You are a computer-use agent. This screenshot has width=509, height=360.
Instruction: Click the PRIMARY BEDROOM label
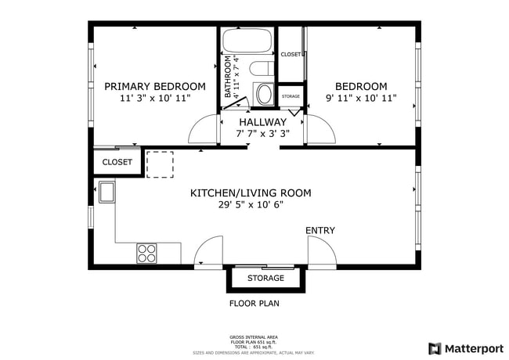coord(155,86)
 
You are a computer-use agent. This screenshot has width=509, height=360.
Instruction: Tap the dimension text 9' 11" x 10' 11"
coord(361,99)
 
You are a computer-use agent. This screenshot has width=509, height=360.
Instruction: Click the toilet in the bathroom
coord(263,93)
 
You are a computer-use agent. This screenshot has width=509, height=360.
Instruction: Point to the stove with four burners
coord(147,253)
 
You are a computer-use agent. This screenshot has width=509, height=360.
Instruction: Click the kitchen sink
coord(105,190)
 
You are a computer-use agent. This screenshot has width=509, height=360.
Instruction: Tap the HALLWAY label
coord(263,122)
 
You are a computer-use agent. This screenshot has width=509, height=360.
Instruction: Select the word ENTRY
coord(320,230)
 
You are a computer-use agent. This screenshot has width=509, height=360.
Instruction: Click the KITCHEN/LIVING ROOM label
coord(251,193)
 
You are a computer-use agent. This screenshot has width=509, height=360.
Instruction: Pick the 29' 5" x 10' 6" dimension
coord(251,205)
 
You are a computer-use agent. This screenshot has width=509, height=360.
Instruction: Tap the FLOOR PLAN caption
coord(254,303)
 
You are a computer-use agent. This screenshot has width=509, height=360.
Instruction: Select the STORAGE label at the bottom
coord(265,279)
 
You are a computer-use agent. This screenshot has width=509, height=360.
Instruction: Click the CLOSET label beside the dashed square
coord(117,163)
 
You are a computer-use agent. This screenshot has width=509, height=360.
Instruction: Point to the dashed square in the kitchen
coord(160,164)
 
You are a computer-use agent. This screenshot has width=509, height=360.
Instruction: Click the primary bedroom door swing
coord(204,129)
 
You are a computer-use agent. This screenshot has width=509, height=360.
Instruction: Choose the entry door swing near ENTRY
coord(321,252)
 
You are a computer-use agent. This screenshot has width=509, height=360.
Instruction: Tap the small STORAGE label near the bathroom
coord(291,96)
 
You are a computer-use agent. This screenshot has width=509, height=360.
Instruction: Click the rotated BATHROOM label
coord(229,77)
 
